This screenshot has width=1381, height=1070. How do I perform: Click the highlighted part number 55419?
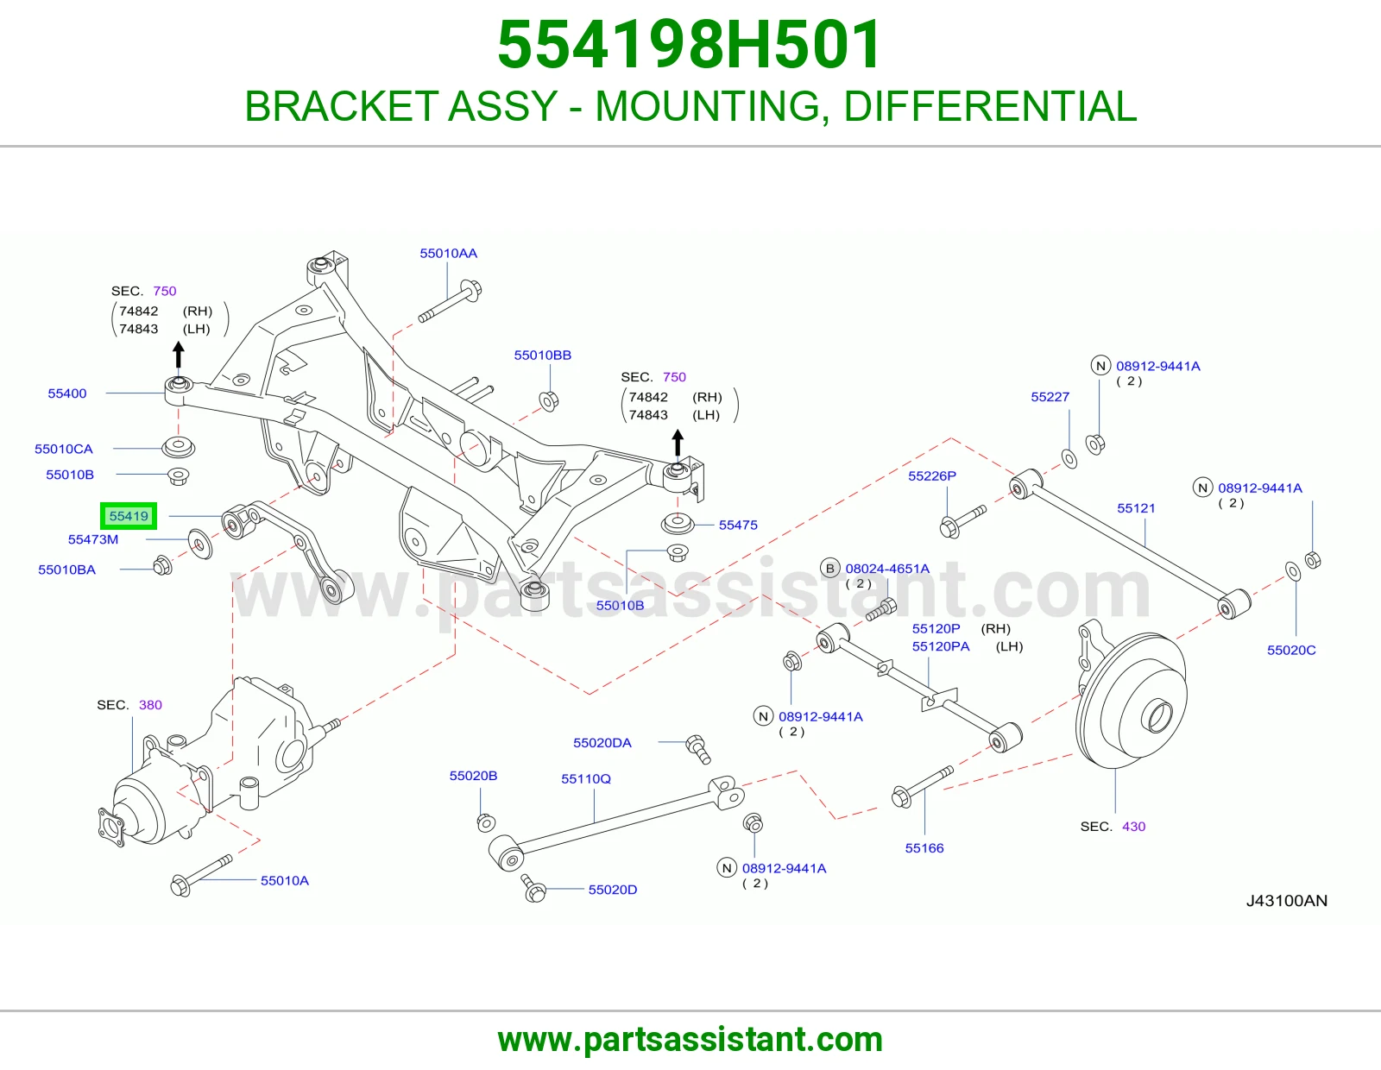click(x=129, y=516)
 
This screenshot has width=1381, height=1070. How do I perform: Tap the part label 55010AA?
click(x=448, y=254)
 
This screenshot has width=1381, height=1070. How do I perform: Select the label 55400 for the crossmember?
click(x=66, y=393)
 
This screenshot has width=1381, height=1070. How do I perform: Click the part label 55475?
click(x=738, y=525)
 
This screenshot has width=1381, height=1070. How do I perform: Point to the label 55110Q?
click(x=586, y=778)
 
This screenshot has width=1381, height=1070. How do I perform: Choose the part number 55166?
click(x=924, y=847)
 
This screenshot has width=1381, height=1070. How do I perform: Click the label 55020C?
click(x=1291, y=650)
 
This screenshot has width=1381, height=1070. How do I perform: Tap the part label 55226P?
click(x=931, y=476)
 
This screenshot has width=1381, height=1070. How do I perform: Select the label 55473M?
click(x=93, y=539)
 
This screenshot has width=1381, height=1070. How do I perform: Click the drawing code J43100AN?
click(x=1286, y=900)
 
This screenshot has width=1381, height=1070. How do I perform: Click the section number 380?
click(x=150, y=705)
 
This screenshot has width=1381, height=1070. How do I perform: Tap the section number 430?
click(x=1134, y=827)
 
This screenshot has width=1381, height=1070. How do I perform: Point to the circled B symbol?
click(x=830, y=568)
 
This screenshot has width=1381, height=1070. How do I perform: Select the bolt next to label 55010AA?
click(x=450, y=301)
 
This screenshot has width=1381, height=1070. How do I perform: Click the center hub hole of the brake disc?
click(x=1157, y=717)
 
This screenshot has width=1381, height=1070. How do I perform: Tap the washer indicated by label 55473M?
click(x=200, y=544)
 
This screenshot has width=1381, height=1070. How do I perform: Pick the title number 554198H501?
click(x=690, y=45)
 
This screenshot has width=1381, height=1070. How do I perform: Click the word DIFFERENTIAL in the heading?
click(x=990, y=106)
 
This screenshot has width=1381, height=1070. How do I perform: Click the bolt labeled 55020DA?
click(x=698, y=749)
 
